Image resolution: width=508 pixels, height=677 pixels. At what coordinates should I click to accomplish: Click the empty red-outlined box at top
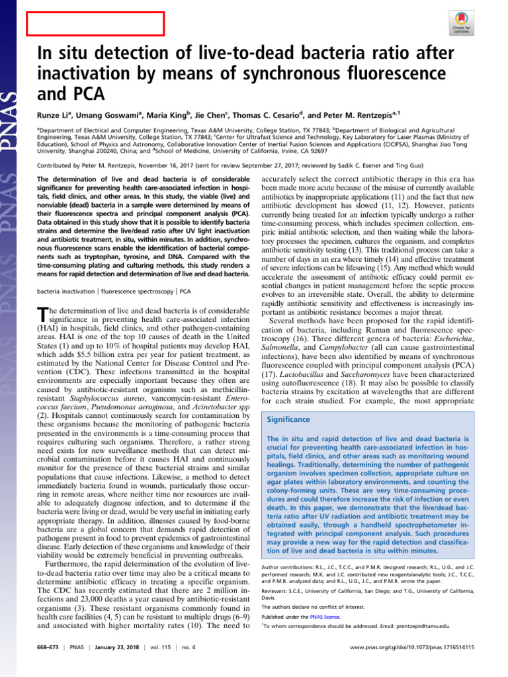click(x=95, y=24)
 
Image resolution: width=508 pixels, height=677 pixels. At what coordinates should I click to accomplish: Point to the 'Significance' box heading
click(x=289, y=419)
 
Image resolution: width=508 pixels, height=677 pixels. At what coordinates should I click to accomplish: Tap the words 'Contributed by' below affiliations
click(x=56, y=169)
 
